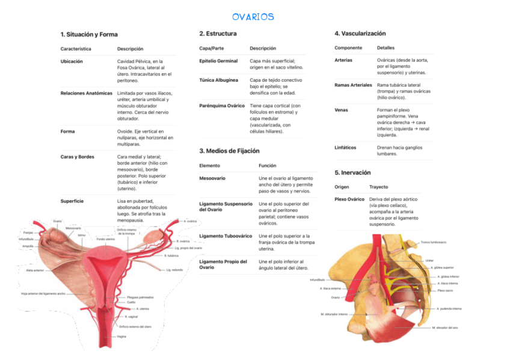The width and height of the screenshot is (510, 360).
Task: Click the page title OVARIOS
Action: click(x=253, y=17)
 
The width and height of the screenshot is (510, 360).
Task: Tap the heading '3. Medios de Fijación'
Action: click(x=229, y=150)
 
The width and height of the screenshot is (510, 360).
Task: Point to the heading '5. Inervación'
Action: click(x=352, y=172)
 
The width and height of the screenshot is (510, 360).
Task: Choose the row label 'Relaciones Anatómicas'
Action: click(x=86, y=93)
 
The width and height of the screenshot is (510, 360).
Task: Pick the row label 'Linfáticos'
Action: click(x=345, y=147)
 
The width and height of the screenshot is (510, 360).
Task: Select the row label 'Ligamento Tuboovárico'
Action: click(x=226, y=236)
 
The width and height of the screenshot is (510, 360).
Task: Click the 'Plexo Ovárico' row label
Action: click(x=349, y=199)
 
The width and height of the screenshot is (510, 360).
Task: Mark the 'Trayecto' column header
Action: click(x=378, y=187)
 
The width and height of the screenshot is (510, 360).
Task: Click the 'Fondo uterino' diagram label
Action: click(x=105, y=239)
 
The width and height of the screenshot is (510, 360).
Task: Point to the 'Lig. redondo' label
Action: click(x=174, y=270)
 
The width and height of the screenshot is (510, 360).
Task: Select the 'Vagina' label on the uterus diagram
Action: click(x=121, y=337)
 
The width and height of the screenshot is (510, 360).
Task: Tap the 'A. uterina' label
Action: click(x=143, y=308)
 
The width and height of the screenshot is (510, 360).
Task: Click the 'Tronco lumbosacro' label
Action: click(x=433, y=242)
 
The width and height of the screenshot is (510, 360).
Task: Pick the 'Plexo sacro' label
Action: click(x=445, y=290)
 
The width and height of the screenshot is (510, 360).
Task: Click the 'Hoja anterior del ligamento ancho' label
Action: click(x=43, y=294)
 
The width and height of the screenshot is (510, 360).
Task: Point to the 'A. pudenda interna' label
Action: click(x=449, y=308)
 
